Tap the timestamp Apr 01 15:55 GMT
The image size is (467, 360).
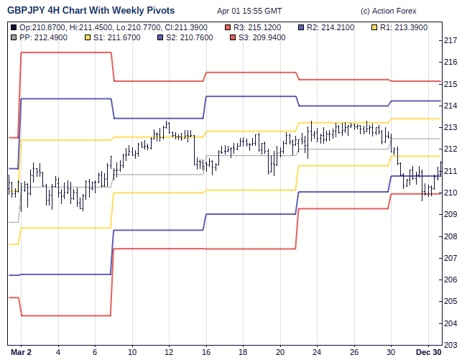tap(249, 11)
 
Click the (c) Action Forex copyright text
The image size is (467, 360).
tap(388, 11)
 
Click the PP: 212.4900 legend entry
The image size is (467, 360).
tap(42, 37)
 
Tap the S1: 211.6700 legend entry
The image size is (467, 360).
tap(114, 37)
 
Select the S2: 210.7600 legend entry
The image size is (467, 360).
tap(186, 37)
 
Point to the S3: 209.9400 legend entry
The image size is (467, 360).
tap(258, 37)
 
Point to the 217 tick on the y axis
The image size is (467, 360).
tap(452, 40)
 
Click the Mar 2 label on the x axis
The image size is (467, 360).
tap(22, 352)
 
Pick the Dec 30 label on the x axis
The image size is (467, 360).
tap(428, 352)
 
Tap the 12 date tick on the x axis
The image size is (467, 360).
tap(169, 352)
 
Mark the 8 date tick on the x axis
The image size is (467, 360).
tap(114, 352)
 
